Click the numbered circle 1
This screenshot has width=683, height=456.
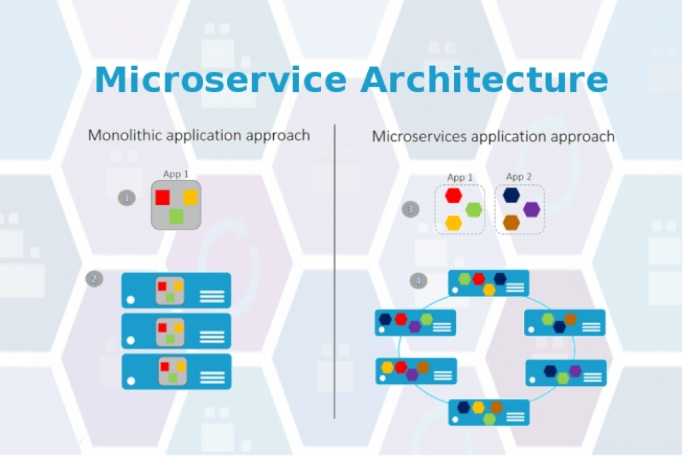pos(127,197)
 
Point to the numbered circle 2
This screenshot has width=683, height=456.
pos(94,279)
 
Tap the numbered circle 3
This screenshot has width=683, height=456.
pos(410,209)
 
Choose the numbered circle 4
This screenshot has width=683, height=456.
pos(417,281)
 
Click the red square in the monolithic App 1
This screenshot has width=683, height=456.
pos(163,197)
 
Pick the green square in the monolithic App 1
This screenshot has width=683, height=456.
pos(176,217)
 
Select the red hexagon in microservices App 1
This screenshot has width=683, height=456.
pos(454,196)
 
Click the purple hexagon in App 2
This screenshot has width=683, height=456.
pos(531,210)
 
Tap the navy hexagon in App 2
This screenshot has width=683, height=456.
pos(511,195)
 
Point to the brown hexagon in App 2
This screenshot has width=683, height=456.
pos(511,222)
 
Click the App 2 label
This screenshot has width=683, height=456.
pos(519,177)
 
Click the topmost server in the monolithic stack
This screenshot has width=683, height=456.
pos(176,290)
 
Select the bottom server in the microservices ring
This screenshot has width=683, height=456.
pos(489,412)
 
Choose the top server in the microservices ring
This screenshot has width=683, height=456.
pos(489,283)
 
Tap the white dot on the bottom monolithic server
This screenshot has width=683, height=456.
pos(131,381)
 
